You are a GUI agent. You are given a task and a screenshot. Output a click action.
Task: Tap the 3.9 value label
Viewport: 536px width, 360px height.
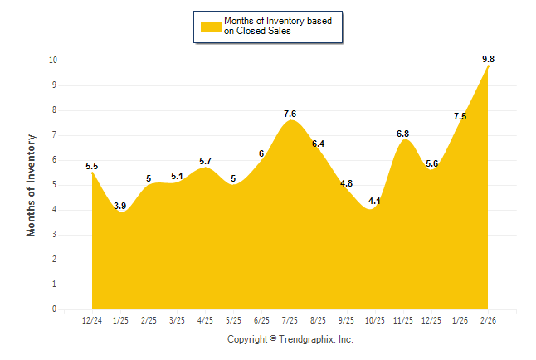click(119, 206)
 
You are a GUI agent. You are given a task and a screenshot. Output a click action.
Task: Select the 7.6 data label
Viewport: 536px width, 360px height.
click(290, 114)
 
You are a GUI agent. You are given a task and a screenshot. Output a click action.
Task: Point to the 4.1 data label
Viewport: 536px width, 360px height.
click(374, 201)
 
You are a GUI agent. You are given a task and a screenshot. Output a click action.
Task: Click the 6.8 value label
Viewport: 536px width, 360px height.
click(402, 133)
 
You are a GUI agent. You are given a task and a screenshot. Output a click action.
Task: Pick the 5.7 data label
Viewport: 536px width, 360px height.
click(205, 161)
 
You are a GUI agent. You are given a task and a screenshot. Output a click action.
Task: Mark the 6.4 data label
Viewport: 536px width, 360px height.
click(318, 144)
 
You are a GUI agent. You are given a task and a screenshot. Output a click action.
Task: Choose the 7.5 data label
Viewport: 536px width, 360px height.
click(460, 116)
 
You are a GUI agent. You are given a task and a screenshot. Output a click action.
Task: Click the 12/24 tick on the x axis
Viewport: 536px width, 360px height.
click(92, 320)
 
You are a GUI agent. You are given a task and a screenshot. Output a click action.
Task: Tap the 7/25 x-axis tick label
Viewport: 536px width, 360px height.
click(290, 320)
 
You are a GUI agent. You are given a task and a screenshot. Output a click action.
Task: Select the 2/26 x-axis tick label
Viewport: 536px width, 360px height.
click(488, 320)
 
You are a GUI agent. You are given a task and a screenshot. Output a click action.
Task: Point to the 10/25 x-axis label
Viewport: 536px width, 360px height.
click(375, 320)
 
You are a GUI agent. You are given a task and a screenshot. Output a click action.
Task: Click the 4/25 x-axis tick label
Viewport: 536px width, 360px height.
click(205, 320)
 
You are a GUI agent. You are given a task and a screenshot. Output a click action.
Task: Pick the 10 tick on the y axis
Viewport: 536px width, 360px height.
click(52, 61)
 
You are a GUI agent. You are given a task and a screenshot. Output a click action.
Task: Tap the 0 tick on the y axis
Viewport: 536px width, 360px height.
click(54, 309)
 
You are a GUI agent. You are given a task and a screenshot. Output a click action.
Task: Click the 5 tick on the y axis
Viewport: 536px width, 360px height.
click(54, 185)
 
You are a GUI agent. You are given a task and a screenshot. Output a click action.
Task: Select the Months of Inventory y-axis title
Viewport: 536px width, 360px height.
click(32, 185)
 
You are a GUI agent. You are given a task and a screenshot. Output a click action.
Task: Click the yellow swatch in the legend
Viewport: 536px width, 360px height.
click(210, 26)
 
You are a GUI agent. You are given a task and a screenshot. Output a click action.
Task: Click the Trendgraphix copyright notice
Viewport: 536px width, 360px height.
click(290, 339)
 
